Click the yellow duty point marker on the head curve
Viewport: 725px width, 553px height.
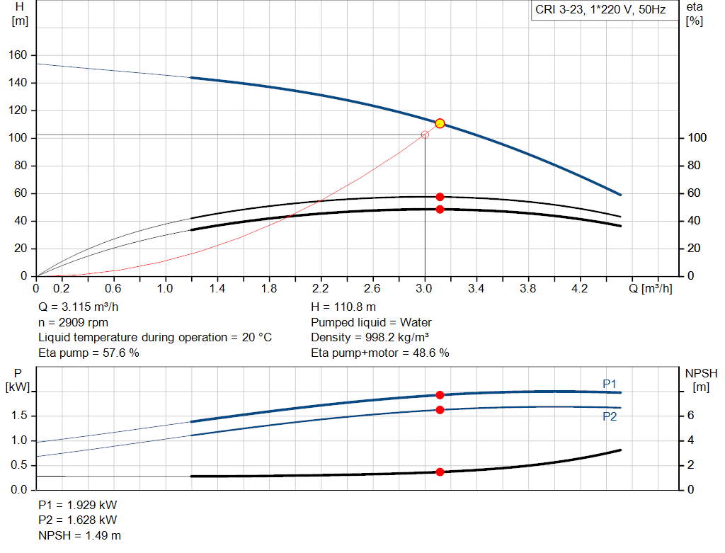(440, 123)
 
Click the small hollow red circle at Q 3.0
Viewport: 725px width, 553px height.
(425, 135)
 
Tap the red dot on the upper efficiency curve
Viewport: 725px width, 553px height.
(440, 197)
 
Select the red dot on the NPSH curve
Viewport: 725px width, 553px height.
(440, 472)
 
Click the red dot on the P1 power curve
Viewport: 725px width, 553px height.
(440, 395)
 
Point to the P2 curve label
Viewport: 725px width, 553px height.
(610, 417)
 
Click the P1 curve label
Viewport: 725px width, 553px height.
(610, 384)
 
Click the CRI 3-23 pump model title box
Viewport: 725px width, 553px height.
(600, 11)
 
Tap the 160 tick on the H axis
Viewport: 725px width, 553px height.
(18, 55)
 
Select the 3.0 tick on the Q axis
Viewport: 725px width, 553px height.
(425, 289)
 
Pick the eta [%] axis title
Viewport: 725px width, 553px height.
(695, 13)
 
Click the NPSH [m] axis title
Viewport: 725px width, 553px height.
(701, 380)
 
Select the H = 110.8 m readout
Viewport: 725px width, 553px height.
(344, 307)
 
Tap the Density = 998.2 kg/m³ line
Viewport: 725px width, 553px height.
(370, 337)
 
